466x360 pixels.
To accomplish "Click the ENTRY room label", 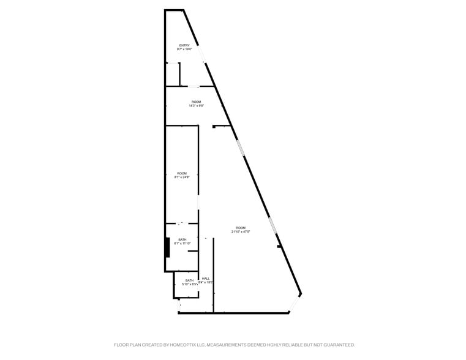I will point(184,45).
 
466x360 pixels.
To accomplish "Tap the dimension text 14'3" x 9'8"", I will point(196,106).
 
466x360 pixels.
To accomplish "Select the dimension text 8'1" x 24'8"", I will point(182,178).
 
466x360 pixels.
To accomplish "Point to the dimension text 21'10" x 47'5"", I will point(241,232).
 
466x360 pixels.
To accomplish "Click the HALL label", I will point(206,278).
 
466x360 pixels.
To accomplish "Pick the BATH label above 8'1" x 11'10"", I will point(182,239).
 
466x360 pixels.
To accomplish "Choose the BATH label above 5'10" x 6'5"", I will point(189,280).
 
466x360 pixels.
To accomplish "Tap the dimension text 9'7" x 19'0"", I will point(184,50).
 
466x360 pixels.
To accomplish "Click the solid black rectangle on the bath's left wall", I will point(167,247).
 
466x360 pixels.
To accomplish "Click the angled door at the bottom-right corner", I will point(295,304).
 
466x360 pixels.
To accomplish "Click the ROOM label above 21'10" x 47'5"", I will point(241,228).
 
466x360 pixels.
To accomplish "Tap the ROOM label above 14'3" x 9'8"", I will point(196,102).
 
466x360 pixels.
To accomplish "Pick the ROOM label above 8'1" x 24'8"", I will point(182,173).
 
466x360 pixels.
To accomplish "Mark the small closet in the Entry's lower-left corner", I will point(172,74).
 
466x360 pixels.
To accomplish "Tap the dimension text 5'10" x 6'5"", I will point(189,285).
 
